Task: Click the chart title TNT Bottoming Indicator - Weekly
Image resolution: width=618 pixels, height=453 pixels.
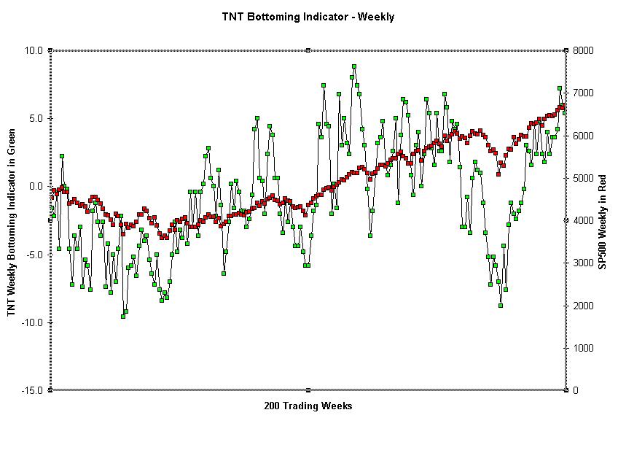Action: (308, 16)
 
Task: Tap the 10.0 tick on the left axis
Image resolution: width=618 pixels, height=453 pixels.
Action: (34, 50)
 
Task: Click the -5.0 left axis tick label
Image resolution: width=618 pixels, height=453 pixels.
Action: (34, 255)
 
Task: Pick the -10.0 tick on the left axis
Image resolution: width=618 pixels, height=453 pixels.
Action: (32, 322)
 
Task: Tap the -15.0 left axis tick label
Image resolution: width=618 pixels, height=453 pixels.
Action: (32, 390)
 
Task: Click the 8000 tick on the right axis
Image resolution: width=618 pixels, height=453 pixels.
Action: (584, 50)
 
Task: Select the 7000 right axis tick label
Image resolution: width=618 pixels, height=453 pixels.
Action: (584, 93)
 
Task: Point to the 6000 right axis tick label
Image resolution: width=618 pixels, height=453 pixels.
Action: (584, 136)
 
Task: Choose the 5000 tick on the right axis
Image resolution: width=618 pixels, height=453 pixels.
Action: (584, 178)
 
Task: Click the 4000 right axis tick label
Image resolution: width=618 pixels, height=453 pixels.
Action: (584, 220)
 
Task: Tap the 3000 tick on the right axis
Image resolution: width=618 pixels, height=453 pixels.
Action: (584, 263)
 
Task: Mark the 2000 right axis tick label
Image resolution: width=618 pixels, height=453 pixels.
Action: (584, 306)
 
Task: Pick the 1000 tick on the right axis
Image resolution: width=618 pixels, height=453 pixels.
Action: (584, 348)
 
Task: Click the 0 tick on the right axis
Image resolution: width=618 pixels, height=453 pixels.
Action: (575, 390)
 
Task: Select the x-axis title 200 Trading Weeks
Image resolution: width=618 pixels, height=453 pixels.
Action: (308, 406)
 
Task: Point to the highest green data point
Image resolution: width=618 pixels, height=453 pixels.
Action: (354, 66)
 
